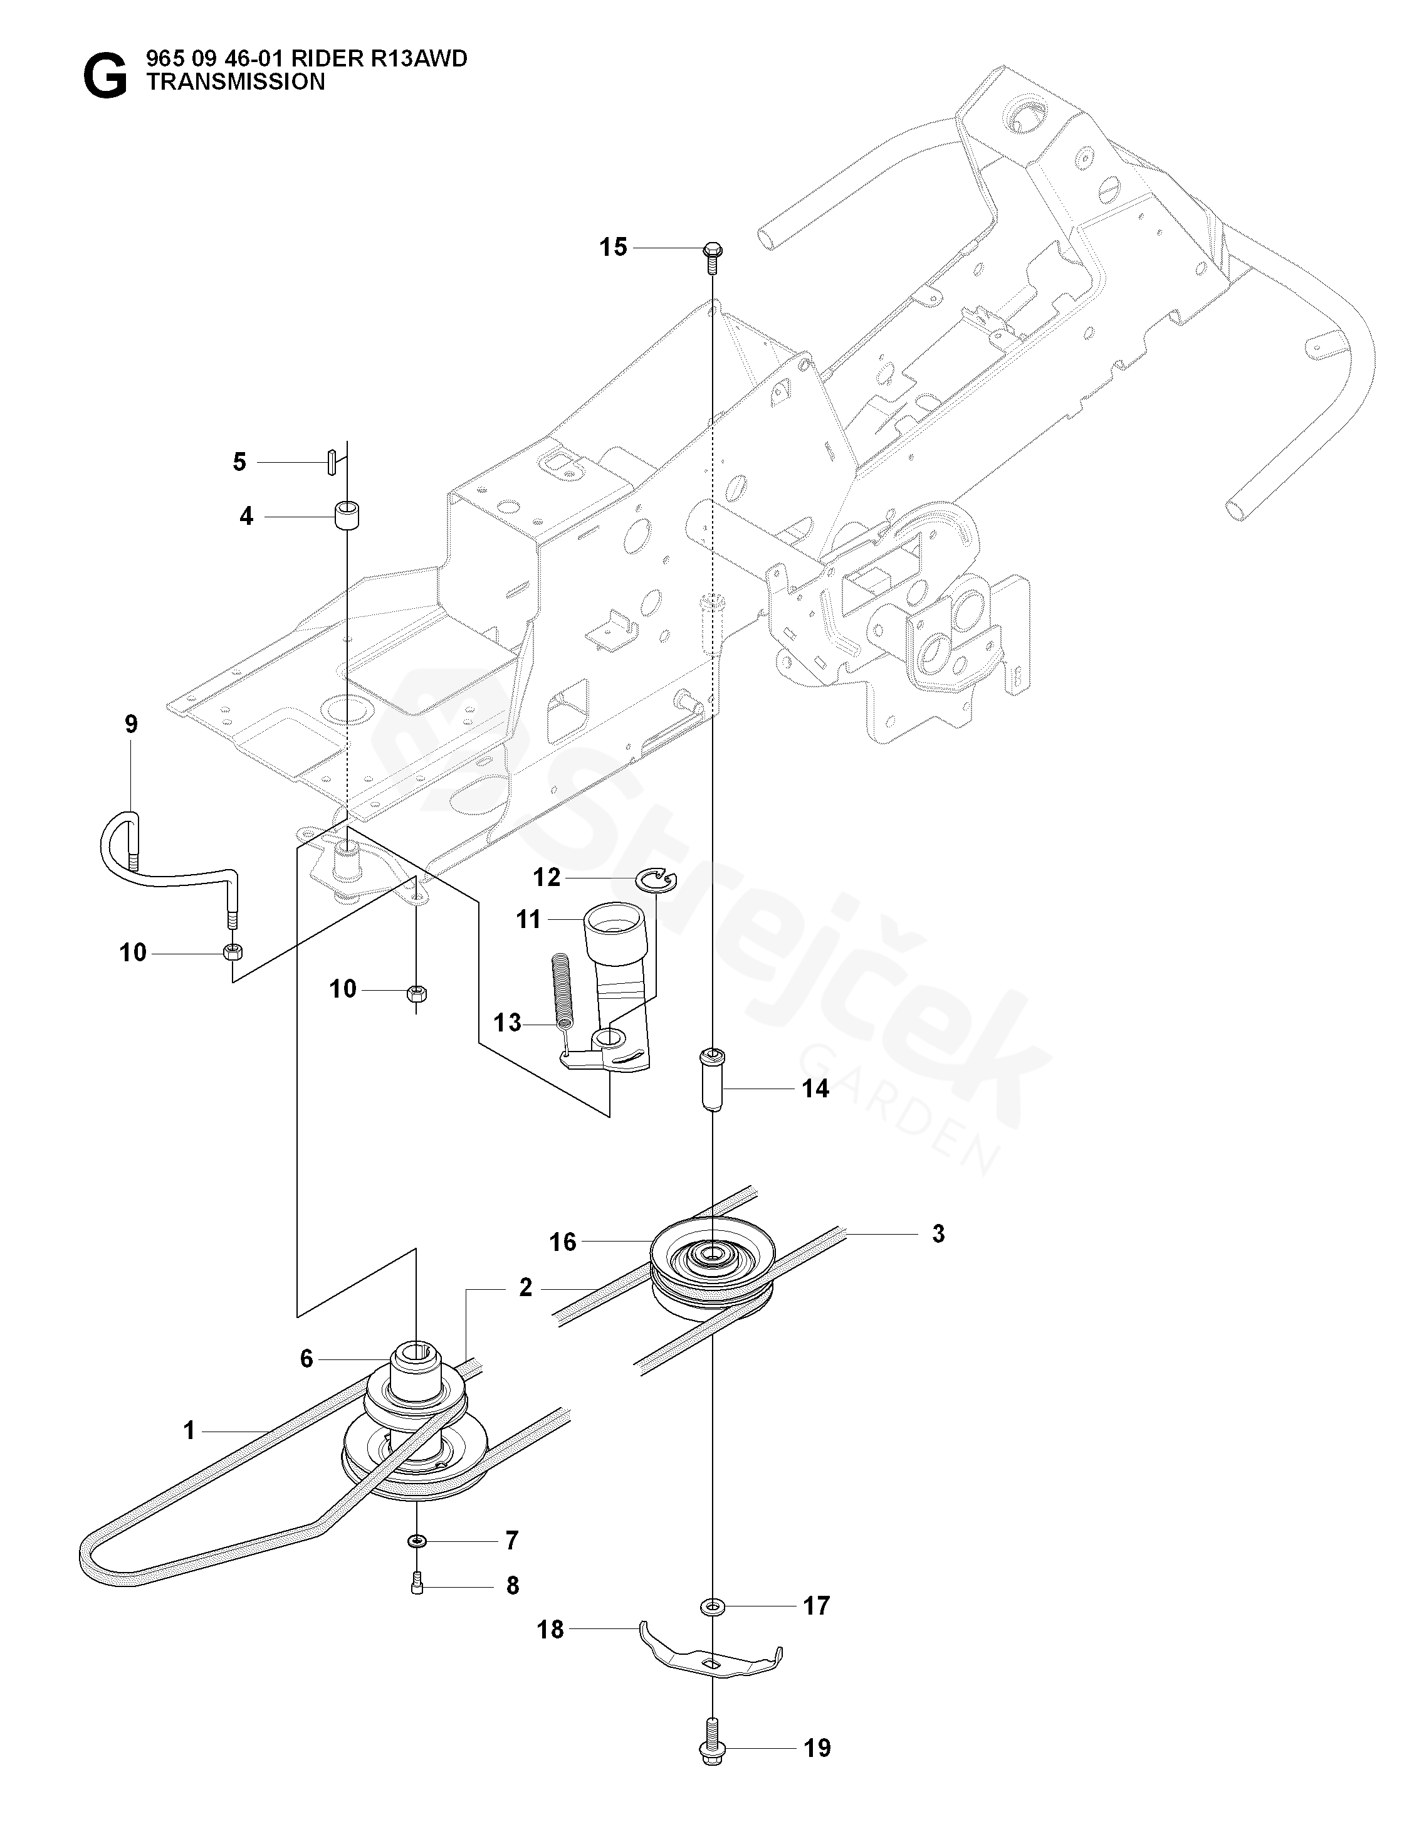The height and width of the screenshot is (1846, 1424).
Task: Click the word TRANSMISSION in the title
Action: [235, 82]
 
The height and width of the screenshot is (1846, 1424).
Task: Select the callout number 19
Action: [817, 1747]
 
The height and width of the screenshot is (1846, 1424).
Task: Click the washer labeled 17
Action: [711, 1604]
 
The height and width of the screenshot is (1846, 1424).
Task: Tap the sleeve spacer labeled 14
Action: [711, 1079]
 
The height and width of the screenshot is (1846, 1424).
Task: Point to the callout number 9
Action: [131, 724]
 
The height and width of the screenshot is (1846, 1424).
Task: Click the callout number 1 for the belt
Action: [189, 1430]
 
